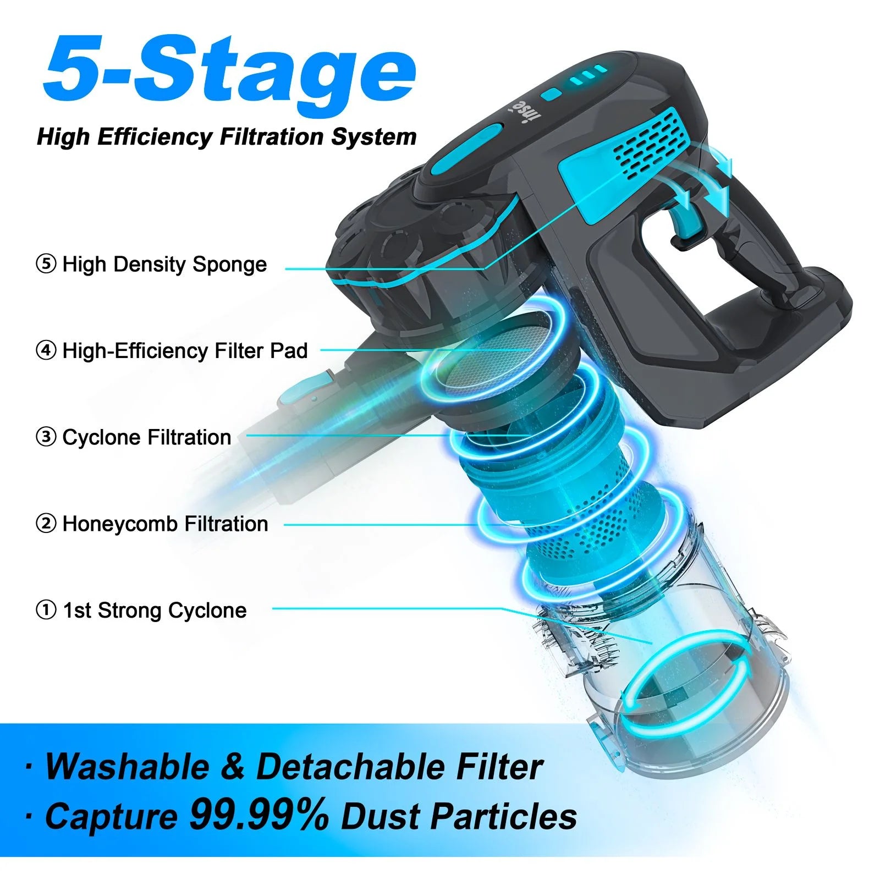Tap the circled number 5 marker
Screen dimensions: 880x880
click(46, 264)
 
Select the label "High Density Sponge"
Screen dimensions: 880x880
click(164, 265)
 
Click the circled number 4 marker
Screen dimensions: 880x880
click(46, 350)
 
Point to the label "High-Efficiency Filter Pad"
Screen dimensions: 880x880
click(185, 351)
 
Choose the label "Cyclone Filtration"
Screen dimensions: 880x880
click(147, 437)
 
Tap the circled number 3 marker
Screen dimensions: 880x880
click(46, 437)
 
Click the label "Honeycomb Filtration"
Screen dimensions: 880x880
click(165, 524)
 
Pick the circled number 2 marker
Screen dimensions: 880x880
click(46, 524)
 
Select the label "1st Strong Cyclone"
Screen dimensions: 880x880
click(155, 610)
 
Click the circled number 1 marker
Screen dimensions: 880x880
click(46, 610)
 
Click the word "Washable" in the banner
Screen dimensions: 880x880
click(127, 766)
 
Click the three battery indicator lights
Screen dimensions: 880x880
click(588, 75)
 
